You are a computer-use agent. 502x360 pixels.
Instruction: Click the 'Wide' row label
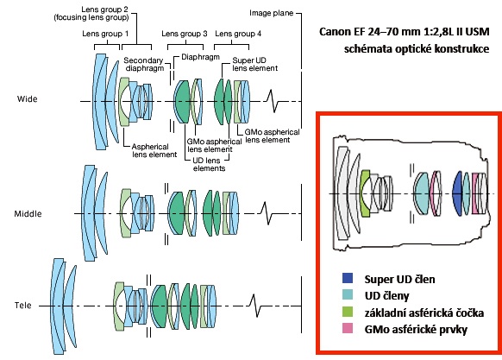[28, 99]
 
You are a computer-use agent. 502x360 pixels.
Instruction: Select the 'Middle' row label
[28, 214]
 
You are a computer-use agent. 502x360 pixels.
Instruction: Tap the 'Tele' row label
[23, 306]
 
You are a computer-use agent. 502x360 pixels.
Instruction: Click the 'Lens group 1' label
[105, 34]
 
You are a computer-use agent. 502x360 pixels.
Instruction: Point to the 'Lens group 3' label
[185, 34]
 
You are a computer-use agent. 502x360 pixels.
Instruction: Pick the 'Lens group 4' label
[238, 34]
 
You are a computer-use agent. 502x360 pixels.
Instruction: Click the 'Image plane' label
[271, 13]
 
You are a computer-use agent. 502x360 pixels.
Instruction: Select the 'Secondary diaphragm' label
[144, 64]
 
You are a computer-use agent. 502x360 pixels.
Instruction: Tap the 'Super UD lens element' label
[254, 64]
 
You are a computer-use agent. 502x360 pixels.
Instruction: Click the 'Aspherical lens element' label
[154, 150]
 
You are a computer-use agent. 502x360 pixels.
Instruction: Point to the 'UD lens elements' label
[209, 164]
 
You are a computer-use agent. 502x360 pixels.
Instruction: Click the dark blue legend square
[348, 278]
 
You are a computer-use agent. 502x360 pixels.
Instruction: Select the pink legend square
[348, 328]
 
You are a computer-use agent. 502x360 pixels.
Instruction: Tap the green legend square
[348, 312]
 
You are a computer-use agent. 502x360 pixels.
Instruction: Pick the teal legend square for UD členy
[348, 294]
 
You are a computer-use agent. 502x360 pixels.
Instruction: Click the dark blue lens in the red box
[457, 193]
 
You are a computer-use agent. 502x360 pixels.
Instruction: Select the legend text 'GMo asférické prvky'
[416, 329]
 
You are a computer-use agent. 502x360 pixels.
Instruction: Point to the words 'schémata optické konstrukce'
[417, 48]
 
